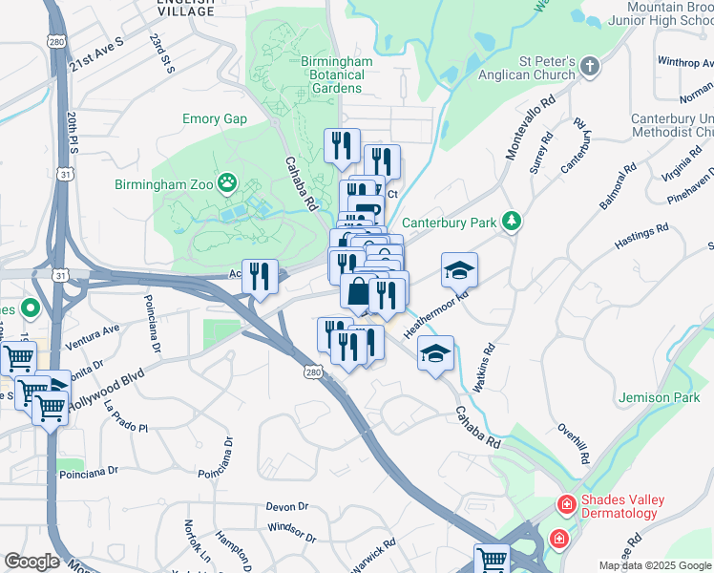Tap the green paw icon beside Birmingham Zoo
(x=227, y=181)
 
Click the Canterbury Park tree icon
(x=513, y=222)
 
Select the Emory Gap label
(x=215, y=119)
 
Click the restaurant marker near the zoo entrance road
(x=260, y=276)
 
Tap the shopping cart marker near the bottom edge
(x=493, y=559)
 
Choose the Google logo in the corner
(x=31, y=562)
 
